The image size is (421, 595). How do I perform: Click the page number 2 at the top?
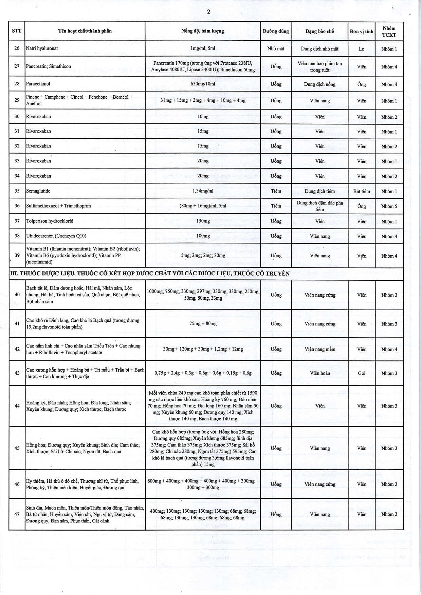tap(208, 12)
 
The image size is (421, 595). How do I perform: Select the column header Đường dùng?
tap(276, 31)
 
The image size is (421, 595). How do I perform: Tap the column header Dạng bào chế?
tap(319, 31)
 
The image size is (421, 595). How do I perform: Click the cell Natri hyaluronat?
tap(42, 48)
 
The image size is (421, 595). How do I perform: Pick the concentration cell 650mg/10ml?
tap(203, 84)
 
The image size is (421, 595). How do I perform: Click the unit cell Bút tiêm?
tap(361, 191)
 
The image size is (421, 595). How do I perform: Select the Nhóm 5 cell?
tap(389, 206)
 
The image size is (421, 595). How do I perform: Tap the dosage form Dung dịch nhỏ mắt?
tap(319, 48)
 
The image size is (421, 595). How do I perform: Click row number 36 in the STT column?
tap(17, 206)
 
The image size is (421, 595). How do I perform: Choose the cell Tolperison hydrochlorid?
tap(50, 221)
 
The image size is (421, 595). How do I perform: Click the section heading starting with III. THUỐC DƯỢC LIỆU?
tap(149, 273)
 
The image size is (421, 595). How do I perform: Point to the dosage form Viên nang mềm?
tap(319, 349)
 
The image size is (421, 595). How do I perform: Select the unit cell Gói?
tap(362, 373)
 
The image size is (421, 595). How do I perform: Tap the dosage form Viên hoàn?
tap(319, 373)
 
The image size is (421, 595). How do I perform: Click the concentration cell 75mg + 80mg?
tap(203, 323)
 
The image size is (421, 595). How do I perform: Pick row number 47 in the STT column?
tap(17, 514)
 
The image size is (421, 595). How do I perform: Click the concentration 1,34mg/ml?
tap(203, 191)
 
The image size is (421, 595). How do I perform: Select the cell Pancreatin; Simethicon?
tap(49, 66)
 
